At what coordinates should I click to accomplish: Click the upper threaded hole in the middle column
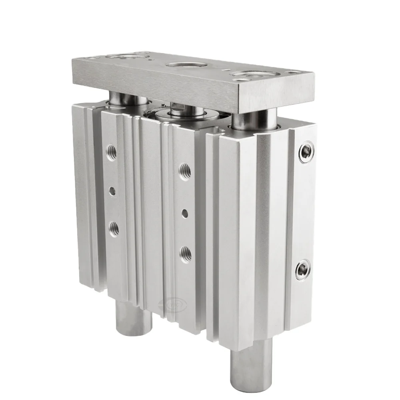(185, 171)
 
